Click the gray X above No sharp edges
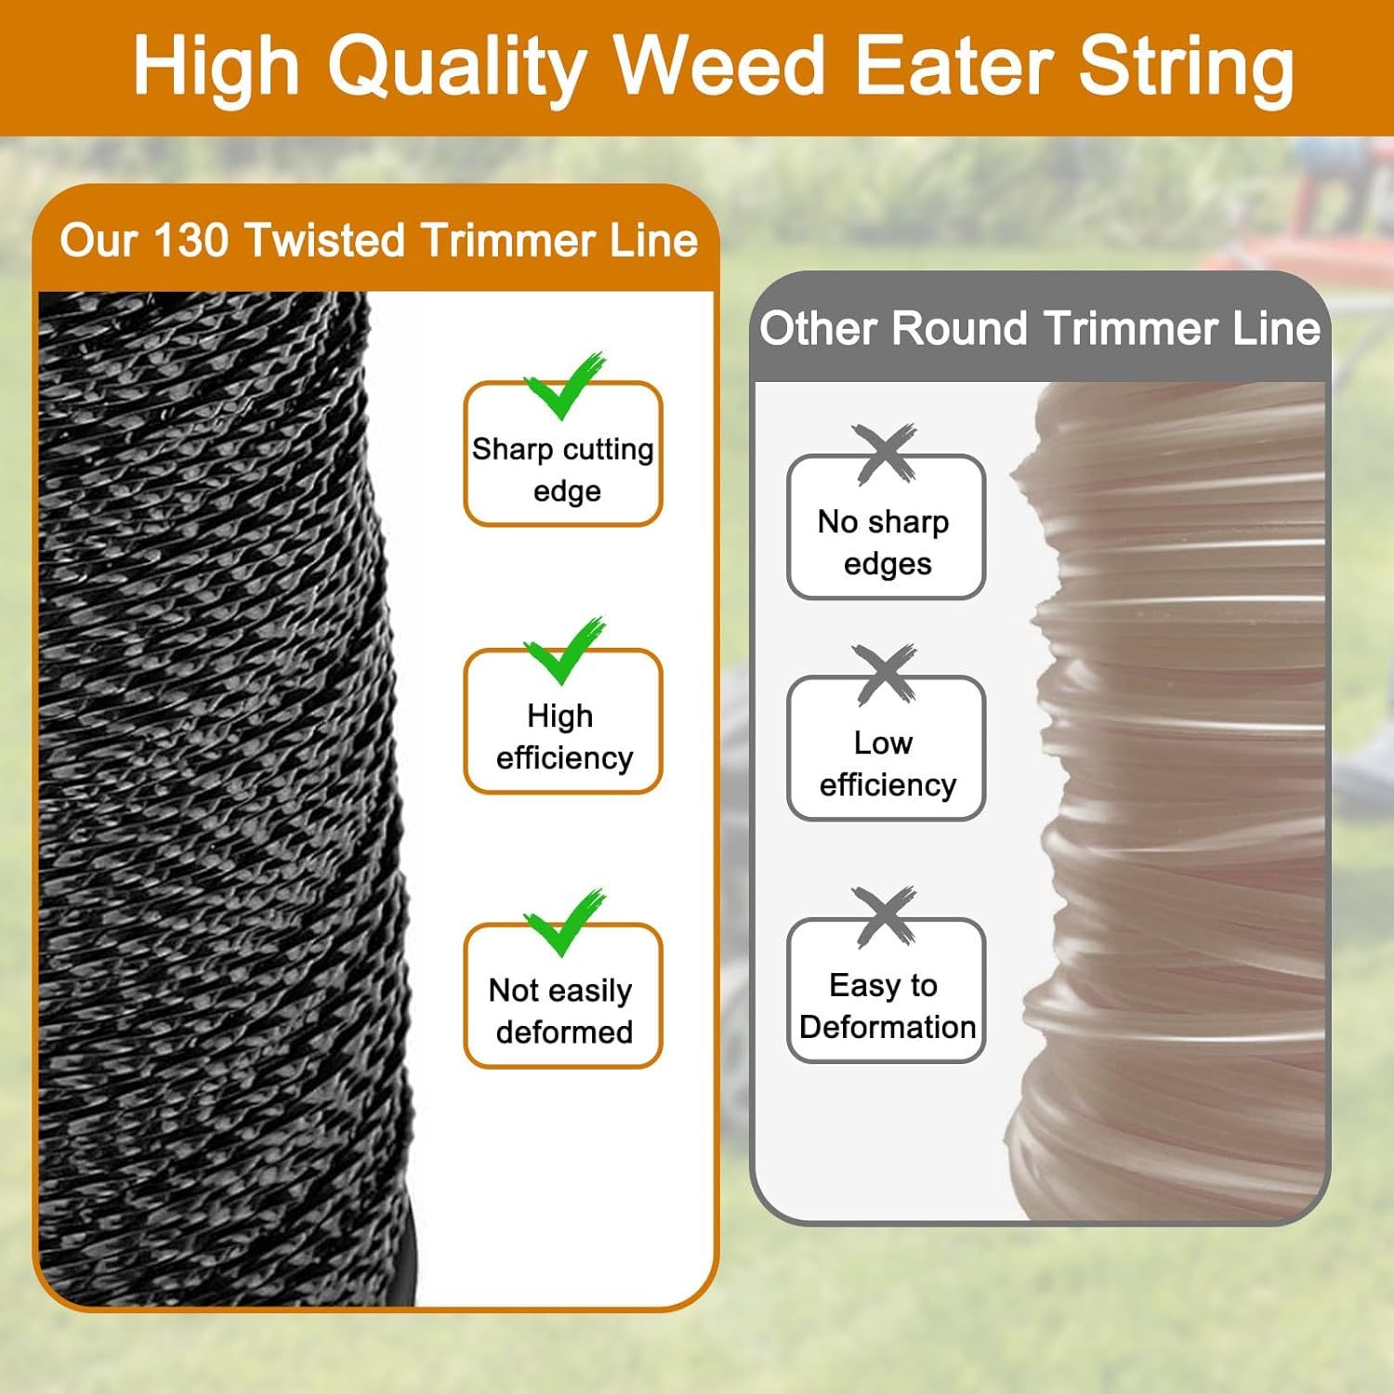(x=884, y=454)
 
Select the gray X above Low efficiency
(x=884, y=675)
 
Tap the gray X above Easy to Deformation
(x=884, y=917)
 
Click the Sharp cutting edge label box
(x=563, y=454)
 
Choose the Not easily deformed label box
(x=563, y=995)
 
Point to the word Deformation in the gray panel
(x=888, y=1027)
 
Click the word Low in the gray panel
(x=883, y=743)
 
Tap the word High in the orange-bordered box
(x=559, y=717)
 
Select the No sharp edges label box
(x=886, y=527)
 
